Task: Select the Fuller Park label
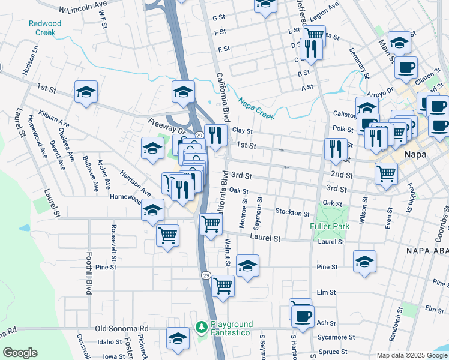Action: coord(329,226)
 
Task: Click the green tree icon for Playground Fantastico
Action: coord(202,328)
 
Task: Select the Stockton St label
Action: coord(292,213)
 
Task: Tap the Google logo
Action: coord(20,353)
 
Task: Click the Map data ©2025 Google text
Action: coord(412,355)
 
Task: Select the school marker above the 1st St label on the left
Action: coord(86,92)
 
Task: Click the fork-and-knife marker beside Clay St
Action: coord(214,134)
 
